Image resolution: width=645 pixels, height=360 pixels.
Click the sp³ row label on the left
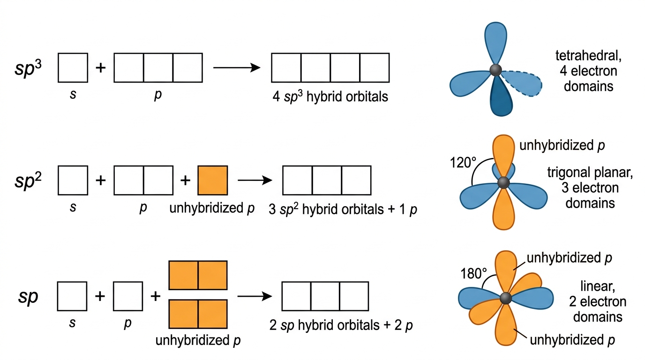click(28, 68)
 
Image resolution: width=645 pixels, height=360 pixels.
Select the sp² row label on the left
click(28, 181)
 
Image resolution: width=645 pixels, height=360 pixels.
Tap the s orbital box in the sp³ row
click(73, 67)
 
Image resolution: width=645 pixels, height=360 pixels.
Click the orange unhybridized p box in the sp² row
click(213, 180)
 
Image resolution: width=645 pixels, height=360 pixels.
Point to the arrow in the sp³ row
click(237, 67)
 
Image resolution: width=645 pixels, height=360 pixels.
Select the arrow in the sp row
click(255, 296)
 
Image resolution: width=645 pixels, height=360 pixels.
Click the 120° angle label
click(463, 163)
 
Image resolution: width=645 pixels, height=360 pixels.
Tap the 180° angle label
click(473, 273)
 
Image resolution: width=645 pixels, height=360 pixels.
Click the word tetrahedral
click(588, 56)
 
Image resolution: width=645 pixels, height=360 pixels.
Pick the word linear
click(598, 286)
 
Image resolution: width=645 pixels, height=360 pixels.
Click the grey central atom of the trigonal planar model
click(503, 183)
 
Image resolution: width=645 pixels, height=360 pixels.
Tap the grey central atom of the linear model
click(506, 298)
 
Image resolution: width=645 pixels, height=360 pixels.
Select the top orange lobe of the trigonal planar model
click(503, 156)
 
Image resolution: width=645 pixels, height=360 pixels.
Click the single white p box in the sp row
click(128, 296)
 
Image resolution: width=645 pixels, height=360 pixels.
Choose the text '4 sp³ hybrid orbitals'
click(330, 97)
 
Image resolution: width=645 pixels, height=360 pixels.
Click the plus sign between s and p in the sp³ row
click(100, 67)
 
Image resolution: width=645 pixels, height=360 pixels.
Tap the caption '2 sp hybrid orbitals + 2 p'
click(341, 325)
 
